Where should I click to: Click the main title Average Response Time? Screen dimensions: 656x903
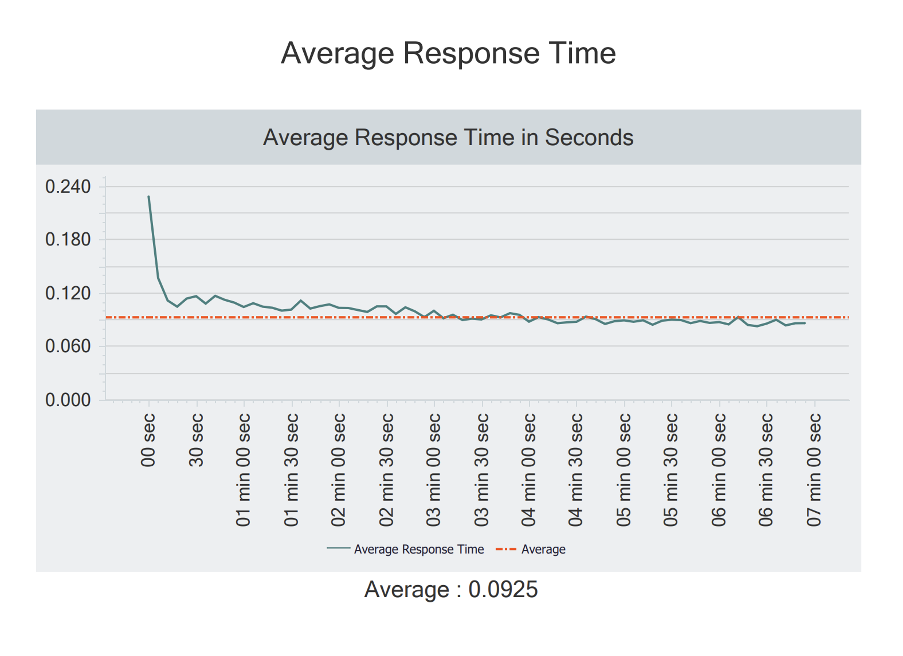tap(448, 53)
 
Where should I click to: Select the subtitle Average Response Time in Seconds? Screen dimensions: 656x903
tap(448, 138)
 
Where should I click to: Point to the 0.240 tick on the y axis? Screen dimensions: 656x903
tap(68, 187)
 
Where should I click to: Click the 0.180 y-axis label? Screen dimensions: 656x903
tap(68, 240)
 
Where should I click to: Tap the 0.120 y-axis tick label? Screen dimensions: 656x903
tap(68, 293)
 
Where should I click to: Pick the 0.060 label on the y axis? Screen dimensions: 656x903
tap(68, 346)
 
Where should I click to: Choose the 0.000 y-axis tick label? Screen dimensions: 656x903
tap(68, 400)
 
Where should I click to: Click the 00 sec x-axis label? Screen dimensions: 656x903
tap(148, 440)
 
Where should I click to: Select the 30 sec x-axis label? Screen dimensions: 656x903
tap(196, 440)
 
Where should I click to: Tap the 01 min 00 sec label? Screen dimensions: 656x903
tap(244, 470)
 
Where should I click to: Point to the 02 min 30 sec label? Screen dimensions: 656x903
tap(387, 470)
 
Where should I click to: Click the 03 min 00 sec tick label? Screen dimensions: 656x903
tap(434, 470)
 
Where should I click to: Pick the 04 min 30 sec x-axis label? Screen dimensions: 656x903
tap(576, 470)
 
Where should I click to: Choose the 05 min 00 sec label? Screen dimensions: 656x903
tap(624, 470)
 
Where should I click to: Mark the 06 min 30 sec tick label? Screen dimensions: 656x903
tap(766, 470)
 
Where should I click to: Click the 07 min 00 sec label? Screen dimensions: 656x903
tap(814, 470)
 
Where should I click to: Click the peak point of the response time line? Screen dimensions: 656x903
tap(149, 196)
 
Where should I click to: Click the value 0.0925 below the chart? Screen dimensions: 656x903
tap(503, 589)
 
